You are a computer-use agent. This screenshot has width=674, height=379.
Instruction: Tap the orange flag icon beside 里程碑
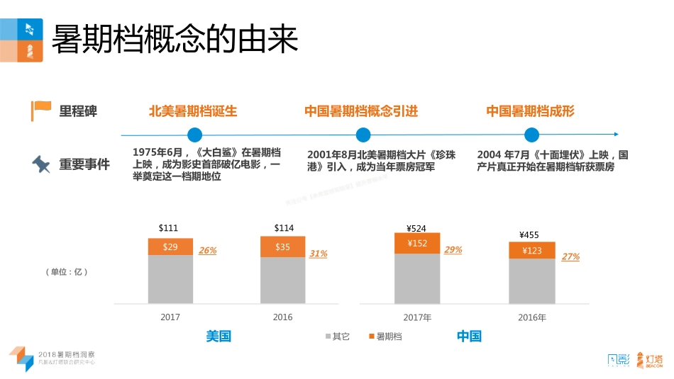tap(41, 111)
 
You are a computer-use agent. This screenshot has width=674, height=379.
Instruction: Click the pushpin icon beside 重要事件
tap(41, 164)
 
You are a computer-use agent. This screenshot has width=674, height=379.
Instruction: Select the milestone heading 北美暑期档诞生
tap(192, 111)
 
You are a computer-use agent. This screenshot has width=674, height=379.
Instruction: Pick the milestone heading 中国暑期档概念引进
tap(361, 111)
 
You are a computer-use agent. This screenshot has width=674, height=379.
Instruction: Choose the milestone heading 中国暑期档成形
tap(530, 111)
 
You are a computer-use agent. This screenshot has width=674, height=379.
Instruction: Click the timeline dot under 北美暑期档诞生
tap(194, 135)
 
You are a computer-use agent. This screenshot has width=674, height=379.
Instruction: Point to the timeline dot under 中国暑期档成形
tap(531, 135)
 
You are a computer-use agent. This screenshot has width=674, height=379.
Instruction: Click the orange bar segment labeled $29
tap(170, 247)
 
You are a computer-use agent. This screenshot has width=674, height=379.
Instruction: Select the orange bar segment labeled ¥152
tap(417, 243)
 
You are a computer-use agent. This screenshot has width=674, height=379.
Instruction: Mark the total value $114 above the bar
tap(284, 227)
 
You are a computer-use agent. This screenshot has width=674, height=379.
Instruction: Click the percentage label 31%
tap(319, 254)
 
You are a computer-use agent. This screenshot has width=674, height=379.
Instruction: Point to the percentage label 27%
tap(570, 257)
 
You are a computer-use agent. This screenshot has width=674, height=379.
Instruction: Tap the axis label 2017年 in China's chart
tap(417, 317)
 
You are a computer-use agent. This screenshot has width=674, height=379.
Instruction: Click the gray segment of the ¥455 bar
tap(532, 281)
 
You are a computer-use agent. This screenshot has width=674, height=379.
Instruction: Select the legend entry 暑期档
tap(385, 336)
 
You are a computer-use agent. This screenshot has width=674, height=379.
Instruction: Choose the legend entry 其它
tap(337, 336)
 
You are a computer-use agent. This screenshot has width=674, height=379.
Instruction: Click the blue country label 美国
tap(219, 336)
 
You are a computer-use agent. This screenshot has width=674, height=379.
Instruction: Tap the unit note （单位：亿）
tap(67, 272)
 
